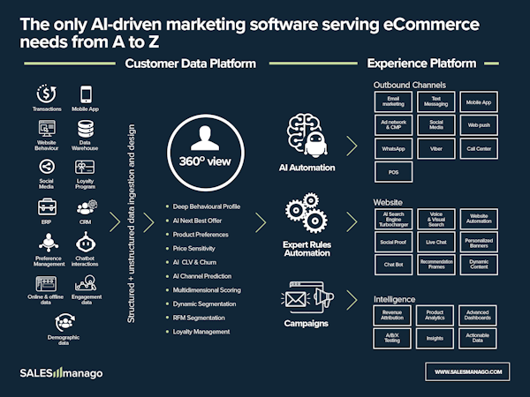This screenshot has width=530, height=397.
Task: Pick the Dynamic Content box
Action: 479,262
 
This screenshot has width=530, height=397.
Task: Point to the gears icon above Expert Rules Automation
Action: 307,215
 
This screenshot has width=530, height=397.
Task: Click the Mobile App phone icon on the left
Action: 87,94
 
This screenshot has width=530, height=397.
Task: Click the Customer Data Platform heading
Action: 191,64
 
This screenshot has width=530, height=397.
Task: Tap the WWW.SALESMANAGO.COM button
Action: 468,371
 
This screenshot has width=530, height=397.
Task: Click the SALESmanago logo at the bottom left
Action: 61,373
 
